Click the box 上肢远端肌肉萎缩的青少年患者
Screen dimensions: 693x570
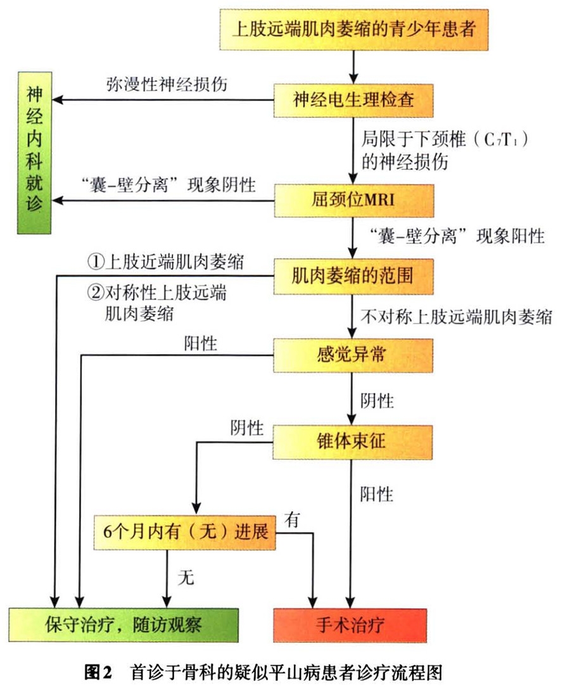[353, 29]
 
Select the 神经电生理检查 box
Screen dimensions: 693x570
[353, 100]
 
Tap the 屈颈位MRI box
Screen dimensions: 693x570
[353, 200]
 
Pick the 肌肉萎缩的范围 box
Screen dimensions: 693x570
[353, 276]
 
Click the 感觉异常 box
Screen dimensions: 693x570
[353, 355]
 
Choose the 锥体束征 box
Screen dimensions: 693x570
[353, 442]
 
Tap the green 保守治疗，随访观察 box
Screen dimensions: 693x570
[123, 625]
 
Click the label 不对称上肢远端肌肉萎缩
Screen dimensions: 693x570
[455, 316]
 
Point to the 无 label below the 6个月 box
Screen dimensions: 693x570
[186, 577]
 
